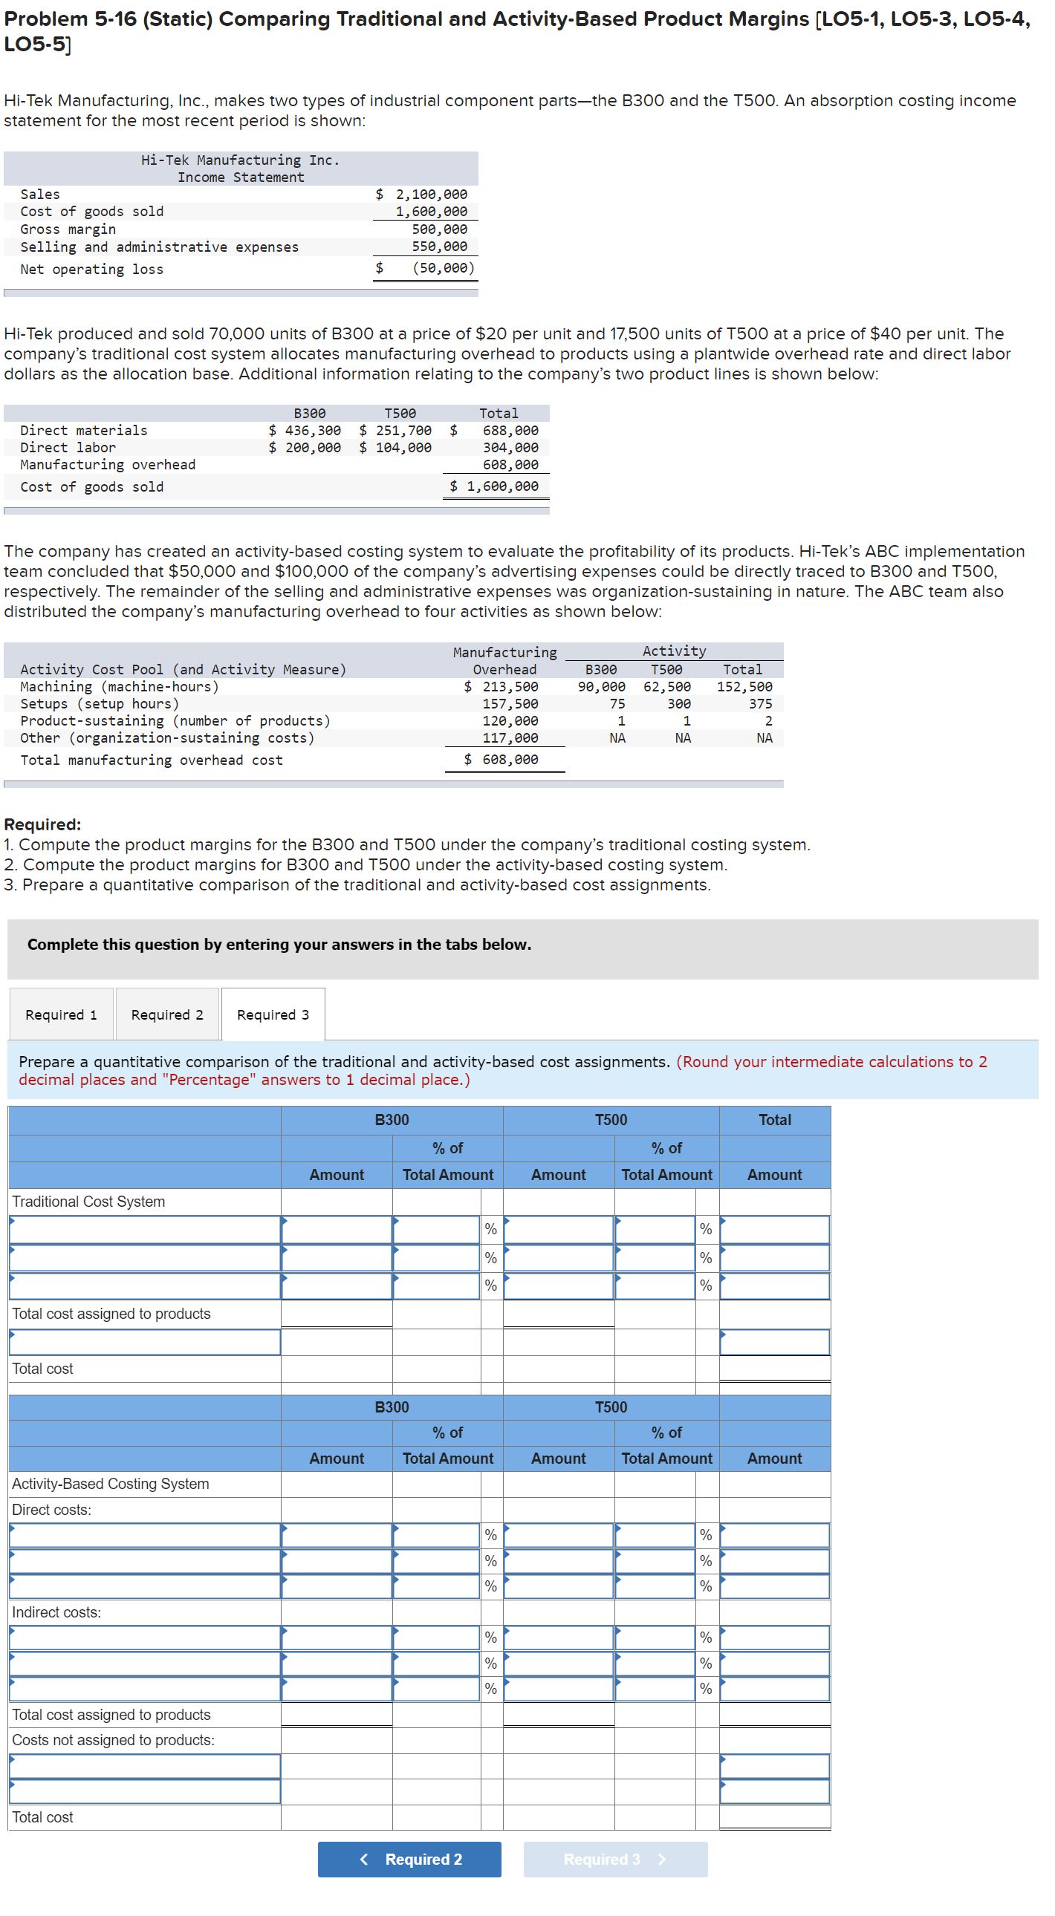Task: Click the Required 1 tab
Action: click(x=61, y=1015)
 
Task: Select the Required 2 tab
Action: click(x=166, y=1015)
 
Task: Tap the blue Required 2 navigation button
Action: click(x=409, y=1860)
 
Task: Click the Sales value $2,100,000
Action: click(x=422, y=194)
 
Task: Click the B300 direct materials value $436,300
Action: click(x=305, y=431)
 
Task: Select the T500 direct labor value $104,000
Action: click(x=395, y=448)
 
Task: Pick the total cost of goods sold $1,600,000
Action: click(x=495, y=486)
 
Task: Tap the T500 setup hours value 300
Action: click(x=678, y=704)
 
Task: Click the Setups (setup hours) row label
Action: click(x=100, y=704)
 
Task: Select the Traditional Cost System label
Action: click(x=88, y=1202)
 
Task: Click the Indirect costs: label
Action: click(x=56, y=1612)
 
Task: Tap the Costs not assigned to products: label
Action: click(x=113, y=1741)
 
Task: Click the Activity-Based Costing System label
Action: click(x=110, y=1484)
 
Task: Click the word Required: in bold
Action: click(x=42, y=825)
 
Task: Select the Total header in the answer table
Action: click(x=774, y=1120)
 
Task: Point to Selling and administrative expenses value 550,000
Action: click(x=440, y=247)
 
